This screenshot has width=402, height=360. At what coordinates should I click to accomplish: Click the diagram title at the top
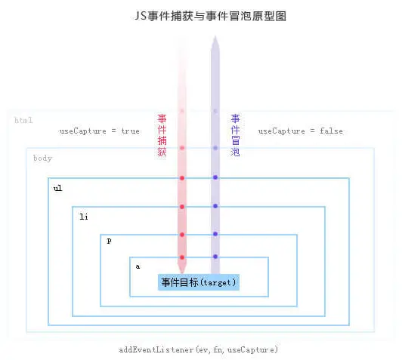pyautogui.click(x=211, y=16)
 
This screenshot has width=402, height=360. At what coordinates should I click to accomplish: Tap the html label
pyautogui.click(x=23, y=120)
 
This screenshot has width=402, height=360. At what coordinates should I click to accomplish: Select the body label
pyautogui.click(x=42, y=158)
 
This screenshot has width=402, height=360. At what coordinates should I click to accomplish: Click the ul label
pyautogui.click(x=58, y=188)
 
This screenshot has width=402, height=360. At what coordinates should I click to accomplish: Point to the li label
pyautogui.click(x=84, y=217)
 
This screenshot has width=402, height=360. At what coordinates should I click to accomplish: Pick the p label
pyautogui.click(x=110, y=241)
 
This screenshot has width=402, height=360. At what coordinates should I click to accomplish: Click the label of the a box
pyautogui.click(x=138, y=266)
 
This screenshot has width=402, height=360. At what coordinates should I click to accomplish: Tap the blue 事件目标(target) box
pyautogui.click(x=199, y=282)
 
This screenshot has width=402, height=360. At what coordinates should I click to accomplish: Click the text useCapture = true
pyautogui.click(x=100, y=131)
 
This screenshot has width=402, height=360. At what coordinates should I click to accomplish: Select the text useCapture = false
pyautogui.click(x=301, y=131)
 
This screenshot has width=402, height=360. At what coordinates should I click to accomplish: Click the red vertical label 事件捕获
pyautogui.click(x=162, y=135)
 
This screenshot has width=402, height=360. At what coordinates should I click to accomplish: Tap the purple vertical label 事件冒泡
pyautogui.click(x=235, y=135)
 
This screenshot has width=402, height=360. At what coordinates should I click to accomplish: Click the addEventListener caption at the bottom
pyautogui.click(x=198, y=349)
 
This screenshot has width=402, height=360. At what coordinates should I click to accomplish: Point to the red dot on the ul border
pyautogui.click(x=182, y=178)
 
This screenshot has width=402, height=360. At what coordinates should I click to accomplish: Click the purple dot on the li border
pyautogui.click(x=215, y=206)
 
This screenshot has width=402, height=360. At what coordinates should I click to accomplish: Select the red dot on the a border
pyautogui.click(x=182, y=257)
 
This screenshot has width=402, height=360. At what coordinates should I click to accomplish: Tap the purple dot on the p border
pyautogui.click(x=215, y=234)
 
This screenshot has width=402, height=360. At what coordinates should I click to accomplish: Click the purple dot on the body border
pyautogui.click(x=215, y=148)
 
